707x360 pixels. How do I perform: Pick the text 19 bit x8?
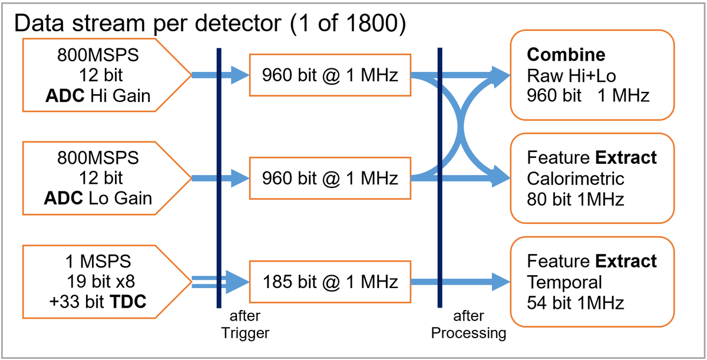(98, 282)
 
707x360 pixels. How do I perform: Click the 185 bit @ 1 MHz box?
(329, 282)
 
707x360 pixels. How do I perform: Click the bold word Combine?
(566, 55)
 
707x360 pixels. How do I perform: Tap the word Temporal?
(564, 282)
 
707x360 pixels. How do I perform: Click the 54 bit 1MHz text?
(575, 302)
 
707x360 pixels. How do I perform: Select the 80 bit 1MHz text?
(575, 199)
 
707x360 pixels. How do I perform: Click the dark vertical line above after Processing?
(440, 177)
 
